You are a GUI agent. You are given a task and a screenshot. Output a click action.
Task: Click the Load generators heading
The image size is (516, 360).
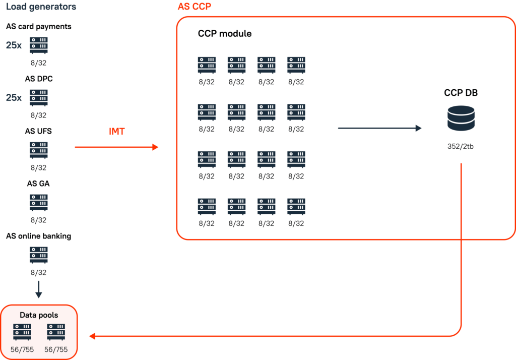[x=41, y=7]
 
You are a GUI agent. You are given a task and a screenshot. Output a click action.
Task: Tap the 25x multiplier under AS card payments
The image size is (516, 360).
[x=14, y=45]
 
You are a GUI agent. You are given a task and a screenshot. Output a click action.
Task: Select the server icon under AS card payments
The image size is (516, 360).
[x=39, y=45]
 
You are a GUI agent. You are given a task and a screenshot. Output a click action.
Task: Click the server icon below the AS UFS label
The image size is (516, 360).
[x=39, y=150]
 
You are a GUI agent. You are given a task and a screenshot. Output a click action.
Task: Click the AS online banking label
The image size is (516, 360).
[x=38, y=236]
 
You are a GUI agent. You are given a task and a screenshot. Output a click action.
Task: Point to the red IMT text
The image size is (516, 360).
[x=116, y=132]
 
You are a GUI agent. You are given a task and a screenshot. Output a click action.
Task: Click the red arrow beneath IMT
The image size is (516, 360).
[x=116, y=147]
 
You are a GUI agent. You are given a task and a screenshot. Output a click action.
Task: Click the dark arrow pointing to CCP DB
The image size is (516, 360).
[x=379, y=129]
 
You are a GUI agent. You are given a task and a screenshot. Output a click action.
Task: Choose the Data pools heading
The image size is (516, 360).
[x=39, y=315]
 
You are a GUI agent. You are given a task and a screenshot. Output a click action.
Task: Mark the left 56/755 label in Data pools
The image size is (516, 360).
[x=22, y=349]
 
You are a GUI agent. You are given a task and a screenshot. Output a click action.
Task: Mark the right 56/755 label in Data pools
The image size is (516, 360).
[x=56, y=349]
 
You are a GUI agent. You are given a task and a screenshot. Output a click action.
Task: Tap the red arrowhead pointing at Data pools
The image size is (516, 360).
[x=92, y=336]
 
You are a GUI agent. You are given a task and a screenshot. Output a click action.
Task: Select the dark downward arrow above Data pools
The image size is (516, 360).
[x=39, y=291]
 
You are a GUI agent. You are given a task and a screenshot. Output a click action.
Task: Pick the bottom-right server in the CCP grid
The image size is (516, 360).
[x=296, y=207]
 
